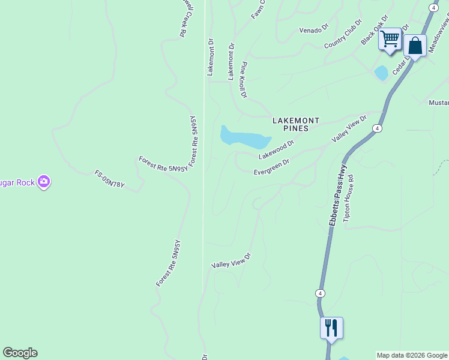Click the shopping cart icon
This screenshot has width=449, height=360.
click(390, 40)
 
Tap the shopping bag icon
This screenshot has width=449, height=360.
click(415, 46)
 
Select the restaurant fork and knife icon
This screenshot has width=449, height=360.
click(331, 328)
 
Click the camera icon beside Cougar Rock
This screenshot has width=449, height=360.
click(43, 181)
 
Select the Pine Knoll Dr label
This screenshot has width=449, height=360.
click(244, 79)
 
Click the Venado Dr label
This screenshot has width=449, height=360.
click(315, 30)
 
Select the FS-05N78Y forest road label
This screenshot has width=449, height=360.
click(109, 178)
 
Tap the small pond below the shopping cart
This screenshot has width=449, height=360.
click(381, 73)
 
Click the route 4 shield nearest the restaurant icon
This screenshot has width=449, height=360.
click(321, 293)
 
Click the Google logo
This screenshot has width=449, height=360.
click(20, 353)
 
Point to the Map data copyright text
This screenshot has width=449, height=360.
click(412, 355)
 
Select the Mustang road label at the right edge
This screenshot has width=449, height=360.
click(438, 103)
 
